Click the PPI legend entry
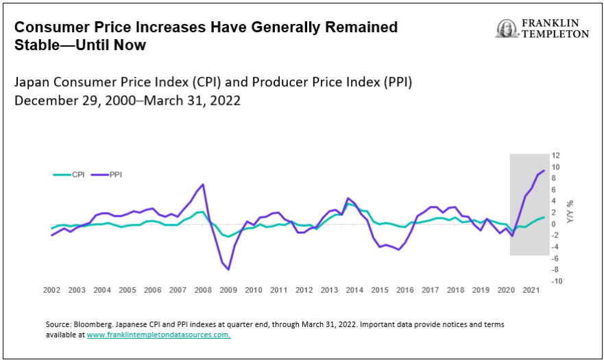pos(107,175)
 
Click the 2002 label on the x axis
pos(51,291)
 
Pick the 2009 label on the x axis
pos(228,291)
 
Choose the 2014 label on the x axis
pos(354,291)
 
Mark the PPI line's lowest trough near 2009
pos(228,269)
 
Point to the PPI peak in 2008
pos(203,184)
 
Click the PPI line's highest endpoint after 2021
pos(544,171)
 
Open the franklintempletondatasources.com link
pos(158,335)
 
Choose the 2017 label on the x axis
pos(430,291)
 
